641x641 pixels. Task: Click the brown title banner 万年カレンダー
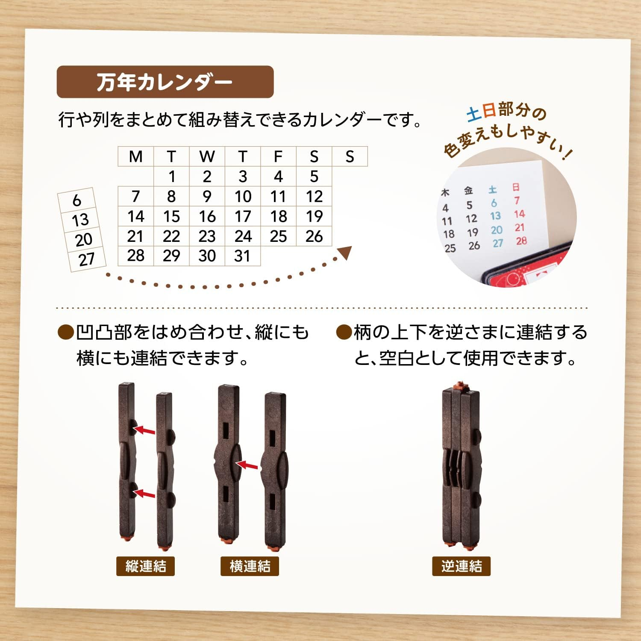[165, 82]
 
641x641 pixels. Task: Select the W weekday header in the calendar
[207, 156]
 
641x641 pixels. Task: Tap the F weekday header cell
[278, 156]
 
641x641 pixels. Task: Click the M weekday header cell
[136, 156]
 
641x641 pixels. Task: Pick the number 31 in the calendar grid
[242, 256]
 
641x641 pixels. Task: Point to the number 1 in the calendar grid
[172, 176]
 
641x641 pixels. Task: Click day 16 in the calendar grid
[207, 217]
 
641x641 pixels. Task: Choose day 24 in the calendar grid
[243, 236]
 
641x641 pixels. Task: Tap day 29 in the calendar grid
[171, 256]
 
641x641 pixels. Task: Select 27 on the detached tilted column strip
[87, 259]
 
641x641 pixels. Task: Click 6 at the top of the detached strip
[77, 200]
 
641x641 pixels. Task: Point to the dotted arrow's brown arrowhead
[345, 253]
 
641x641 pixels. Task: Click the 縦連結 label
[145, 566]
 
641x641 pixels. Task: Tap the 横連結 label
[250, 566]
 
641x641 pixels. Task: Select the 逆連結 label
[461, 566]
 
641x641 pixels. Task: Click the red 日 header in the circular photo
[516, 187]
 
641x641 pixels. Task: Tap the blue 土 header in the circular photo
[493, 189]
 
